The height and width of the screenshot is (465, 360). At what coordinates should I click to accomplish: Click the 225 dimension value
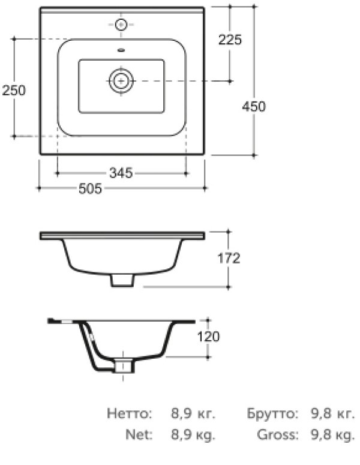[x=230, y=40]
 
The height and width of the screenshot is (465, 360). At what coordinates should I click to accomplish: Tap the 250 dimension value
[x=14, y=90]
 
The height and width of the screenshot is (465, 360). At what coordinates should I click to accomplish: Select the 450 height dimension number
[x=254, y=106]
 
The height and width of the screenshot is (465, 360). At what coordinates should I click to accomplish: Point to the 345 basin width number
[x=121, y=173]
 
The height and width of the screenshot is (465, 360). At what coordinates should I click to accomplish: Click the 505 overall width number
[x=90, y=188]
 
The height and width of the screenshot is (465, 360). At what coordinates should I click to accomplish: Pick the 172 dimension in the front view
[x=229, y=259]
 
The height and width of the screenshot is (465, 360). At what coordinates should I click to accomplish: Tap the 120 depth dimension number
[x=208, y=337]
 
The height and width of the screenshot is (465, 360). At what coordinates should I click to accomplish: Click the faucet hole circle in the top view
[x=121, y=25]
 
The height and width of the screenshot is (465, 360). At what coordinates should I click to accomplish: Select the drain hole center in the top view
[x=121, y=80]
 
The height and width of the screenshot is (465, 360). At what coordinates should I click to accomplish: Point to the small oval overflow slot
[x=122, y=50]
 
